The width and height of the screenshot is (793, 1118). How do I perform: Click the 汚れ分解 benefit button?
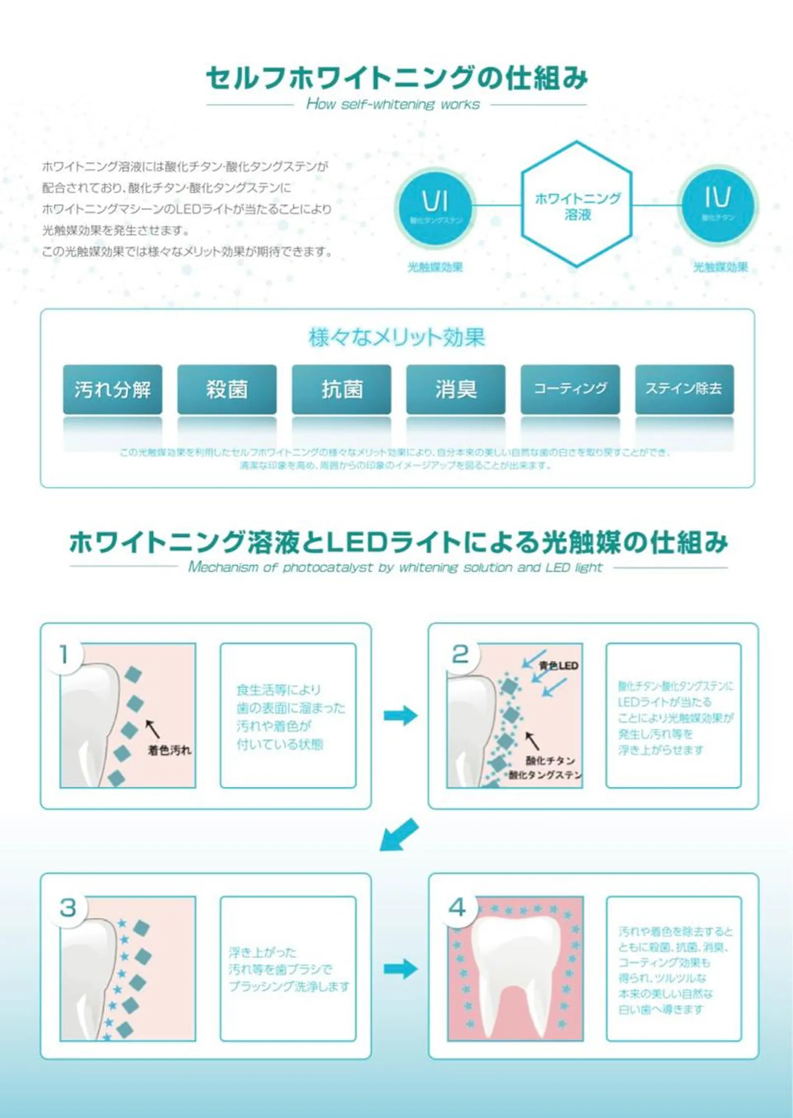112,389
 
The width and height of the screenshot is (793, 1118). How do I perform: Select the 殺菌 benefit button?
227,389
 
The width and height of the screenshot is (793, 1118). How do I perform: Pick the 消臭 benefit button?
456,389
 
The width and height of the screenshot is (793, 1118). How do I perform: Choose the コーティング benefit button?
570,389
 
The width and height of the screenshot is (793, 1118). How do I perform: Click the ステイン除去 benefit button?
684,389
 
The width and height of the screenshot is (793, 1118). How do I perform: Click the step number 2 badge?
460,654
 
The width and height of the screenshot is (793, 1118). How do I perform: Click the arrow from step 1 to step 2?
400,716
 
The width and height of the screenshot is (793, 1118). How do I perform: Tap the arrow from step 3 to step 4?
400,970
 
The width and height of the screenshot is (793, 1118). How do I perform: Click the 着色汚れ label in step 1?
169,751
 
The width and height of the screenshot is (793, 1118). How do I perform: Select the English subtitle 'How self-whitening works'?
393,104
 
